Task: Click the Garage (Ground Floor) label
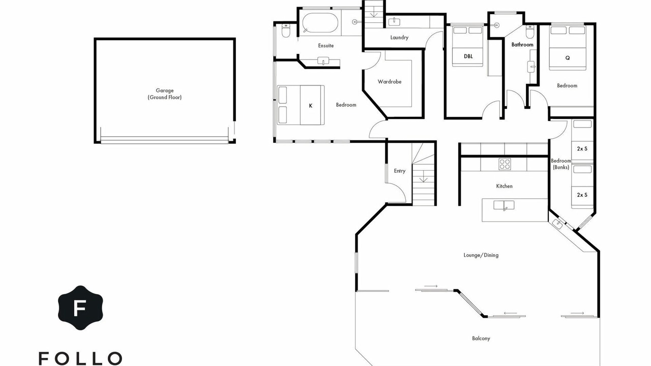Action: (164, 94)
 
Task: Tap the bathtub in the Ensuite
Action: (320, 23)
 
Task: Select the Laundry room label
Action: (399, 38)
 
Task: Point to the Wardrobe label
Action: (390, 82)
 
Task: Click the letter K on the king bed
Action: (311, 106)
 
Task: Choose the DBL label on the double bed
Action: (468, 56)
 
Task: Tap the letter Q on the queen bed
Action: (567, 58)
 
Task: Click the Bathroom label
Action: (522, 45)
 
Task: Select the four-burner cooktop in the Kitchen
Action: (505, 164)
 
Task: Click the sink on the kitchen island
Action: (504, 205)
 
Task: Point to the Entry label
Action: (400, 171)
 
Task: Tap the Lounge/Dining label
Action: (481, 255)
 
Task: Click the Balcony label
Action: (481, 339)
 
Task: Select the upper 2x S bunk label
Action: (582, 149)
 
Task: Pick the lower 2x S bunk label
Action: (582, 195)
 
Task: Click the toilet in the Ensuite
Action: (286, 31)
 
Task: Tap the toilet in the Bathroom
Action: (530, 32)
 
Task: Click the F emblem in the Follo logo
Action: (80, 308)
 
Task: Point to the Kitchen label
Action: (504, 186)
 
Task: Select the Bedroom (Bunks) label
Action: (560, 164)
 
